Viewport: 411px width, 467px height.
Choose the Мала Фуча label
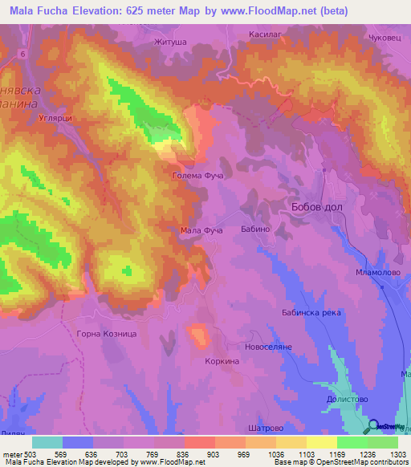[x=201, y=230]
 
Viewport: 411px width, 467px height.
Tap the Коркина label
[x=222, y=362]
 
